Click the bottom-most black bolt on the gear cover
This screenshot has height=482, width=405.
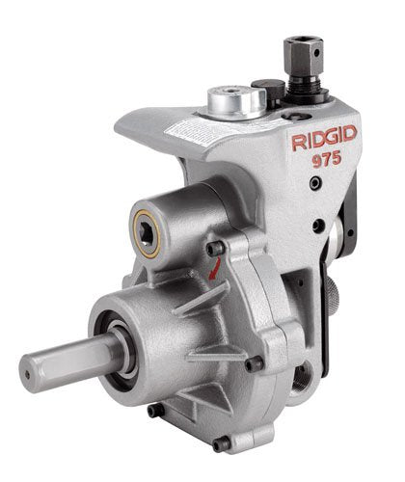[x=224, y=443]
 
